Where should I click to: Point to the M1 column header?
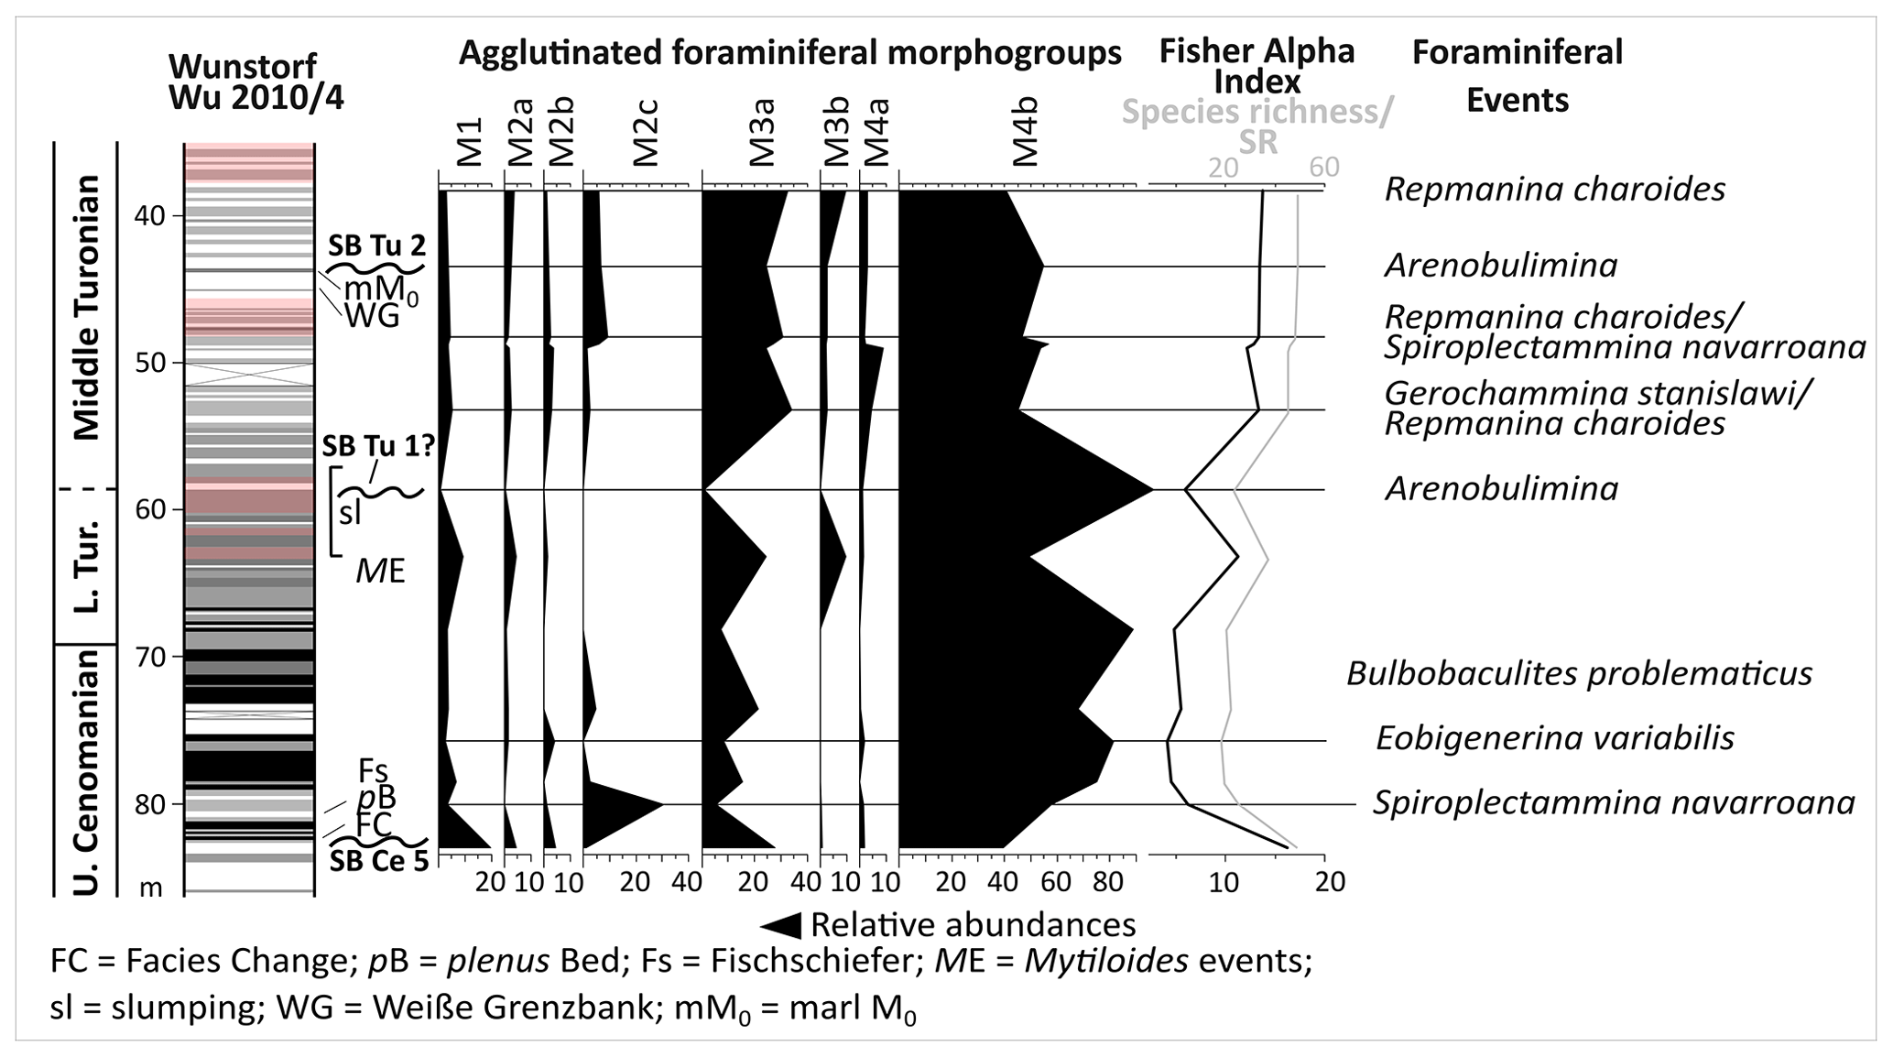(469, 141)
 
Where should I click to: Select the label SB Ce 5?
(379, 861)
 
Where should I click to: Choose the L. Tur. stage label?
(86, 567)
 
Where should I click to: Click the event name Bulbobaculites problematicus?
(1579, 673)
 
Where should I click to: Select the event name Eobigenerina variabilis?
(1554, 738)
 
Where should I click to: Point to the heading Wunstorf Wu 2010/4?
(256, 82)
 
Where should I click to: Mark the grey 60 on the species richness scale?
(1323, 167)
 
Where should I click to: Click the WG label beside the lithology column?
(372, 317)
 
